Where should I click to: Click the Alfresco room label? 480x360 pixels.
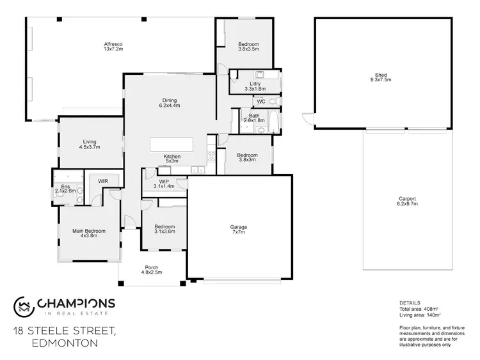(x=113, y=44)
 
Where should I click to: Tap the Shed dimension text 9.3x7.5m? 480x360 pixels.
(x=380, y=79)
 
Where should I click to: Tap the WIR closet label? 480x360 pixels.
(x=102, y=182)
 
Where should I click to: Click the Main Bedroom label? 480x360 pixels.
(x=88, y=231)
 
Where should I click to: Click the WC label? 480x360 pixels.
(x=260, y=102)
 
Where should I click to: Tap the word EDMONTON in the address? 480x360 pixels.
(x=64, y=343)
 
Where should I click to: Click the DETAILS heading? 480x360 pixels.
(x=410, y=303)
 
